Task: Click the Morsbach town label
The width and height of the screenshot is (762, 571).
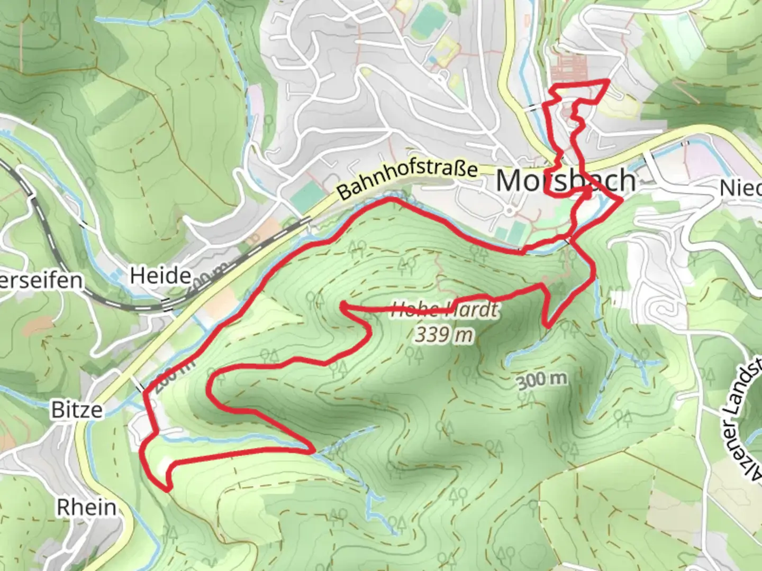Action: click(x=565, y=181)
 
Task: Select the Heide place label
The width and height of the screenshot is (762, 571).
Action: click(x=160, y=275)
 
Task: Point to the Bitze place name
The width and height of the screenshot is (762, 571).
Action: click(x=77, y=410)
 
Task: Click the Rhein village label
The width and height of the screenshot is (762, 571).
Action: click(x=87, y=507)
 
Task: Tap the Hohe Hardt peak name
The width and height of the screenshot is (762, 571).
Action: click(x=444, y=310)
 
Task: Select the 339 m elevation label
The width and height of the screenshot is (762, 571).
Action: click(x=443, y=335)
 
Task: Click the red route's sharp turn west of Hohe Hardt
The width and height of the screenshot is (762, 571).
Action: click(x=343, y=305)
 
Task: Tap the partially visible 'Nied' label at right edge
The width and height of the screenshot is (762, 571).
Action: click(x=741, y=188)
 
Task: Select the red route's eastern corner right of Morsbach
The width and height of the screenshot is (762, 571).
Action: click(x=621, y=200)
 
